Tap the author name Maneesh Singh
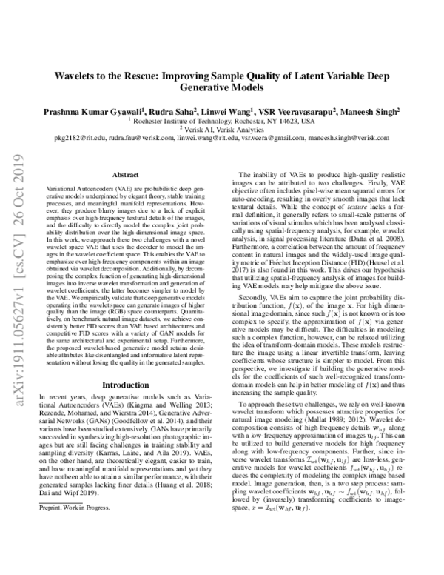[373, 110]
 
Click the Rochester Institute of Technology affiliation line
[223, 119]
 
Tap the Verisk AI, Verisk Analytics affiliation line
[223, 128]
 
